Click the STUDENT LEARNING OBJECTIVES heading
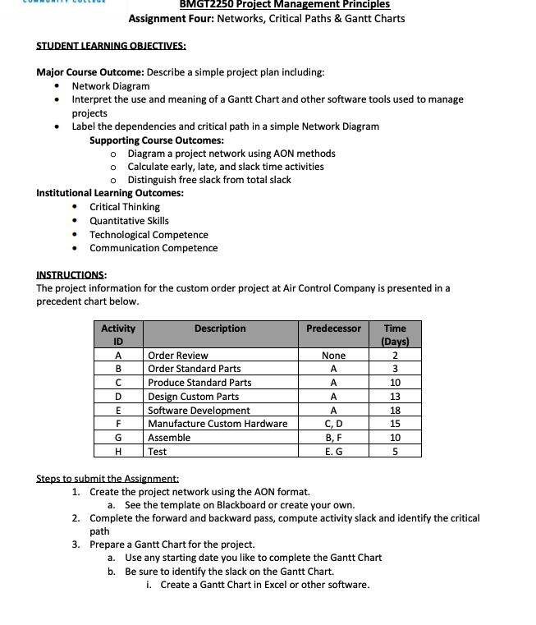(x=111, y=45)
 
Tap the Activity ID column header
(x=118, y=334)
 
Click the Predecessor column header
(x=333, y=329)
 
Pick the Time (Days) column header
(x=395, y=334)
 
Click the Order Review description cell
(x=178, y=356)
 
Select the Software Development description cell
(x=199, y=410)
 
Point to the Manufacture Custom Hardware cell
(x=218, y=424)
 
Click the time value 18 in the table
(x=395, y=410)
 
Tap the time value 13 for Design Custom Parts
(x=395, y=397)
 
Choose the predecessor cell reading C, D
(x=333, y=424)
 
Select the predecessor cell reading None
(x=333, y=356)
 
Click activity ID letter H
(x=118, y=451)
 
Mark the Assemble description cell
(x=169, y=438)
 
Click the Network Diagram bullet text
(x=111, y=85)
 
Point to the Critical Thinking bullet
(x=125, y=207)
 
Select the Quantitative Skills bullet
(x=129, y=220)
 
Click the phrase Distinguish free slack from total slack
(x=209, y=180)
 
